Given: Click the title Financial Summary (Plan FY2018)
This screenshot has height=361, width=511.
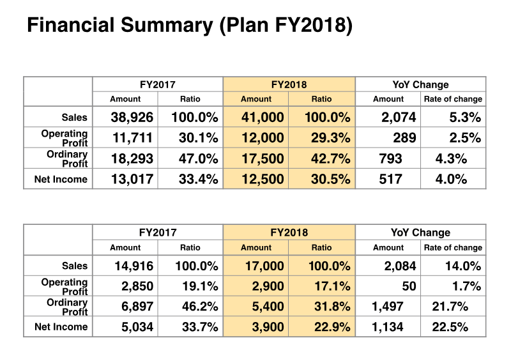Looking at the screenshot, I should pyautogui.click(x=189, y=26).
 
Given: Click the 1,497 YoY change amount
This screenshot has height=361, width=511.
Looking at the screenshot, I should pyautogui.click(x=387, y=307).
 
